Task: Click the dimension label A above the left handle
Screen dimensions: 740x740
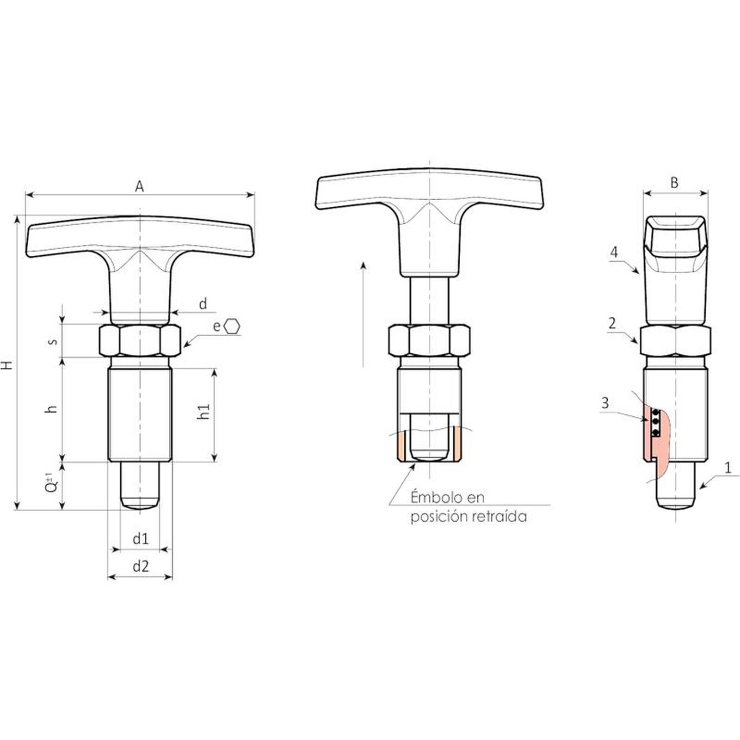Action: tap(139, 186)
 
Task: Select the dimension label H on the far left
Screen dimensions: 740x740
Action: tap(7, 365)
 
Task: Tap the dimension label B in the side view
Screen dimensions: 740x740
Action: tap(674, 183)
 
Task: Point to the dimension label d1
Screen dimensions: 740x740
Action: tap(141, 539)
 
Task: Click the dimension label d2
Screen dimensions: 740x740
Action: tap(141, 566)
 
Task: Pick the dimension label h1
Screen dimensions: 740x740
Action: tap(203, 411)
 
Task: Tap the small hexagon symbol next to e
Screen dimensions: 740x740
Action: tap(232, 327)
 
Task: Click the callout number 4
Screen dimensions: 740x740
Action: tap(614, 252)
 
